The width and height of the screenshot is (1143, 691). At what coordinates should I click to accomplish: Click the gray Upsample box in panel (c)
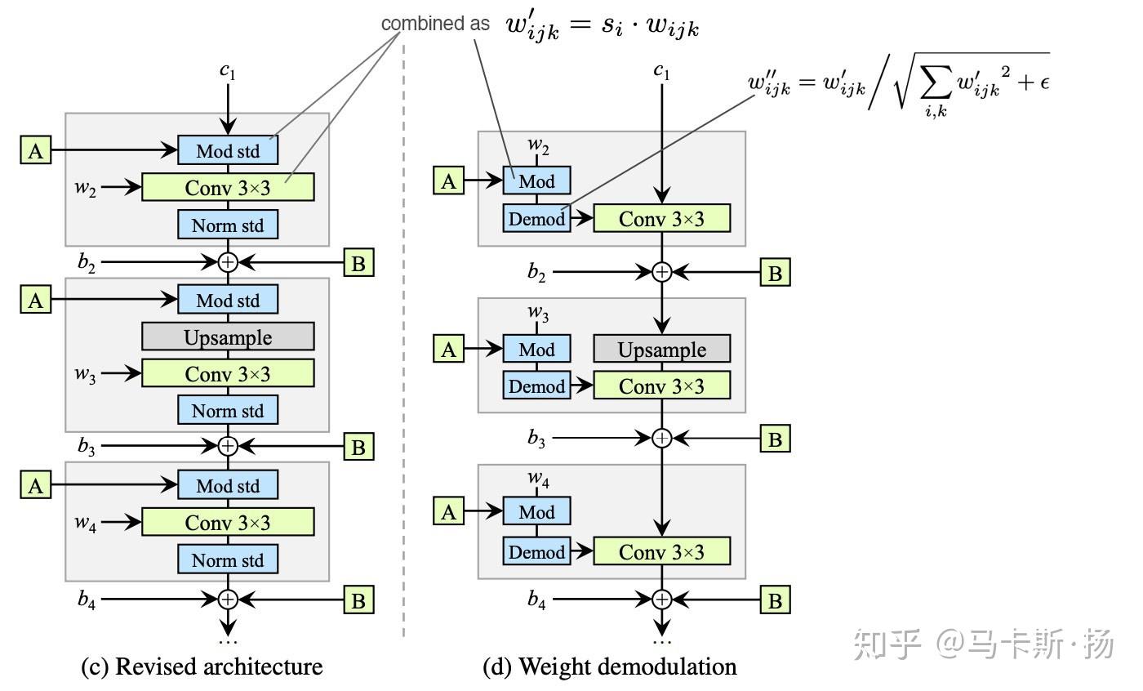[x=228, y=337]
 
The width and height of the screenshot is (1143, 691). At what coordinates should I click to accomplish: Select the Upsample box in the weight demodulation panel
[x=662, y=349]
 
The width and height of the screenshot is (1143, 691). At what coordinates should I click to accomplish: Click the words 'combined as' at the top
[x=435, y=24]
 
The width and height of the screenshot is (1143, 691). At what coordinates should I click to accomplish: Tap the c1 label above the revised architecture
[x=228, y=71]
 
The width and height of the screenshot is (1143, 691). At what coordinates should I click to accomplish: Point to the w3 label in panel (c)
[x=85, y=375]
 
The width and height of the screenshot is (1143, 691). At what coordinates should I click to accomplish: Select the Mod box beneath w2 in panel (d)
[x=537, y=181]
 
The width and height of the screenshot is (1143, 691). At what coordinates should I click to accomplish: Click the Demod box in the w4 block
[x=537, y=551]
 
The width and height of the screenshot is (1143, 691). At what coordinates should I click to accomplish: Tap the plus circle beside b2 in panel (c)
[x=228, y=262]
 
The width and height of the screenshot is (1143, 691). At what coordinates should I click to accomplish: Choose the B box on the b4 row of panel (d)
[x=775, y=600]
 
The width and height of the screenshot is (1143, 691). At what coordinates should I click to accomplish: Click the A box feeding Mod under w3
[x=448, y=349]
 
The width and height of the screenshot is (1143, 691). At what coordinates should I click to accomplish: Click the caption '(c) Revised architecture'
[x=202, y=667]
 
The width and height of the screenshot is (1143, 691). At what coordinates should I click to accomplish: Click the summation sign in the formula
[x=936, y=82]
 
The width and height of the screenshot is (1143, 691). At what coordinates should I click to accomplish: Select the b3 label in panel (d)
[x=536, y=439]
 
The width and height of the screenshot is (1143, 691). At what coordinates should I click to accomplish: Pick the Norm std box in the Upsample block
[x=228, y=410]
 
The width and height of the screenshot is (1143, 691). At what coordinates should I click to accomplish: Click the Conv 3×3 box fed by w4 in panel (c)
[x=228, y=522]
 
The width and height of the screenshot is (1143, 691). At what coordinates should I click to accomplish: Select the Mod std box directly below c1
[x=228, y=150]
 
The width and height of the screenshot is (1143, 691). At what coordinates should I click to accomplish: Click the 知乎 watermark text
[x=887, y=644]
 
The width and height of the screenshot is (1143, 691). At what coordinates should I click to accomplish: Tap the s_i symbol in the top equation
[x=612, y=25]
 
